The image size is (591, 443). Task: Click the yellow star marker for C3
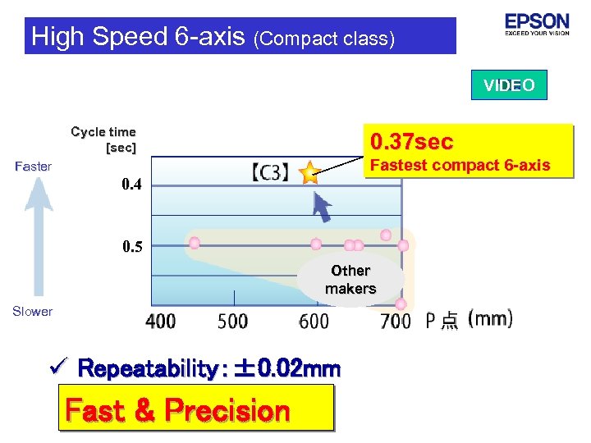pos(309,172)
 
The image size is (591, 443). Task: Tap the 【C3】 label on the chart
pos(270,172)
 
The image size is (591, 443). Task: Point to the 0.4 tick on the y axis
pos(131,185)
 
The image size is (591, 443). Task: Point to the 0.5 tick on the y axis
pos(131,246)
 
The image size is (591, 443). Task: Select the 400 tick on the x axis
pos(161,321)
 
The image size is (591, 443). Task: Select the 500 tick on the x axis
pos(233,321)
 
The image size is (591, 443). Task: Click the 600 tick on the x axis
pos(313,321)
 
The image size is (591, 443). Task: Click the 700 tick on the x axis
pos(396,321)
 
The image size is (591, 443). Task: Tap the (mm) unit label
pos(490,318)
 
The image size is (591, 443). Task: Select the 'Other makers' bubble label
pos(350,280)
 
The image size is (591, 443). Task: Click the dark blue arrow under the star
pos(322,207)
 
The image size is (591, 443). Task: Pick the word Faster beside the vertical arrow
pos(34,167)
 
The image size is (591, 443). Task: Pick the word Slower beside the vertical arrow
pos(33,311)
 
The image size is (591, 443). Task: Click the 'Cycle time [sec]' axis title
pos(104,139)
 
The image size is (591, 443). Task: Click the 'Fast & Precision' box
pos(177,409)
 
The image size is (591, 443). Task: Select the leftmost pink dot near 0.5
pos(195,243)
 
